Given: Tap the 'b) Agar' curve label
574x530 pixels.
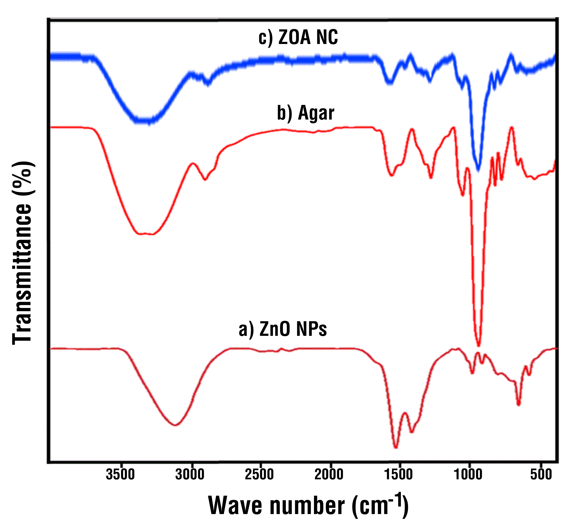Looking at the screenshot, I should (305, 113).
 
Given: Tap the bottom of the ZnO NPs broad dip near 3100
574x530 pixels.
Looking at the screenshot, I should (176, 425).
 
